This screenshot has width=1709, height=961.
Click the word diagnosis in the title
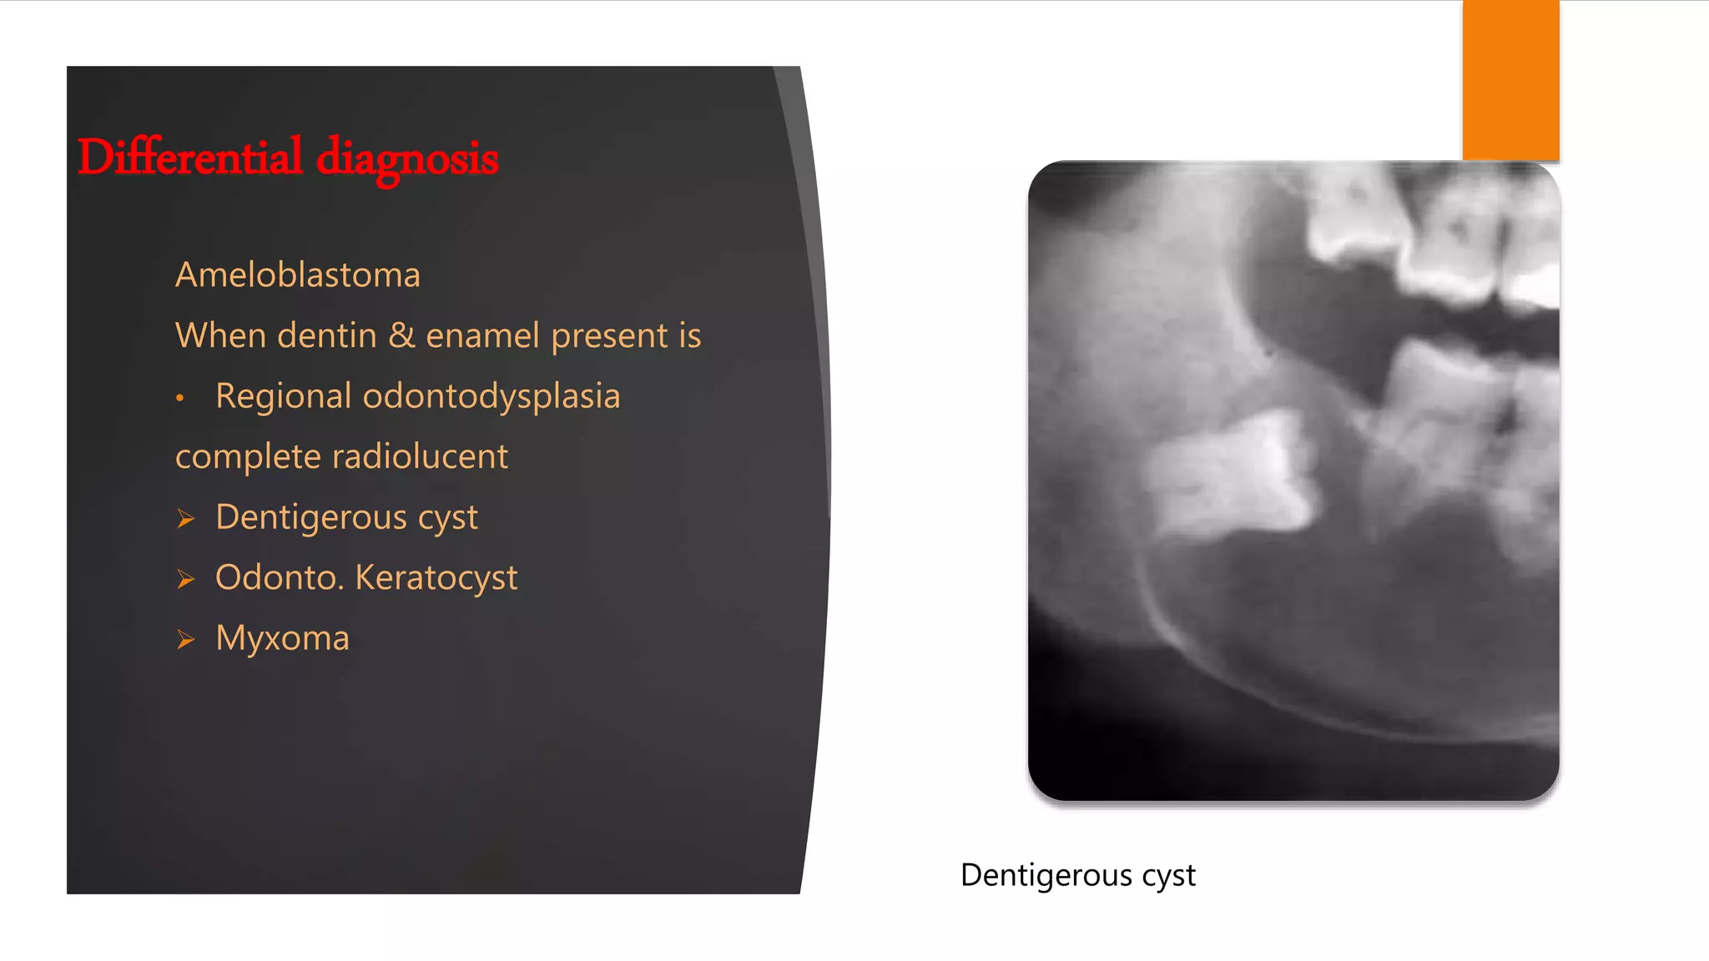click(407, 158)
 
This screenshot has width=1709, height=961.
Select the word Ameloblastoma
click(298, 275)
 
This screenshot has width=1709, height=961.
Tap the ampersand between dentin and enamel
click(401, 335)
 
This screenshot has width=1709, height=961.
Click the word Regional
click(283, 396)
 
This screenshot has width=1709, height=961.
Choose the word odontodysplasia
click(492, 396)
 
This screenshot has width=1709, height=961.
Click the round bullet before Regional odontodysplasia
click(179, 399)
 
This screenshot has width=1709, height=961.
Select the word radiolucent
click(420, 456)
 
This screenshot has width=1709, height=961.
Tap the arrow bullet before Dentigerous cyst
click(185, 519)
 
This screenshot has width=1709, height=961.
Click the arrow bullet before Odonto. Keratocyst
click(185, 579)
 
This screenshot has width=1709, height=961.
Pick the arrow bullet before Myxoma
click(185, 640)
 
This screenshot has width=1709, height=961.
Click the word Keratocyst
click(436, 577)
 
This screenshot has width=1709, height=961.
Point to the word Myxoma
click(282, 638)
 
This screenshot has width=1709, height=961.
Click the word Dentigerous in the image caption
click(1046, 875)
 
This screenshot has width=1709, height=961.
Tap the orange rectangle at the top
click(1510, 80)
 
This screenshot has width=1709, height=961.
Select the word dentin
click(327, 335)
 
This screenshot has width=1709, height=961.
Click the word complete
click(248, 457)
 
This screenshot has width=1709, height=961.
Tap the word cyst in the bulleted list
click(448, 518)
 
